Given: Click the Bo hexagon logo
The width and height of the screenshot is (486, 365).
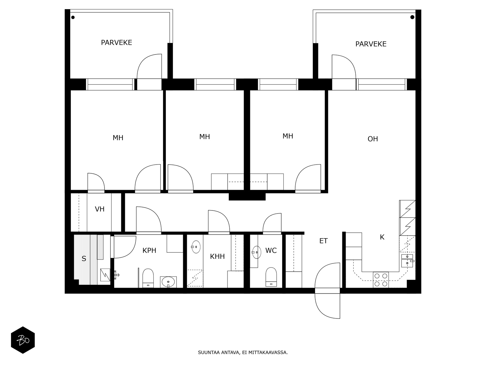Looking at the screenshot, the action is coord(23,340).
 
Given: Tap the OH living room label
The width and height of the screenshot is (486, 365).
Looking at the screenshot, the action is coord(373,139).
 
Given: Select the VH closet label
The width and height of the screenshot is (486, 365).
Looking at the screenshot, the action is coord(100,209).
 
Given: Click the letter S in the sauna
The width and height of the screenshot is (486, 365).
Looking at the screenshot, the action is coord(84,259).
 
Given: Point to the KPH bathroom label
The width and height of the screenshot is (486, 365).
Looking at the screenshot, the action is coord(149,250).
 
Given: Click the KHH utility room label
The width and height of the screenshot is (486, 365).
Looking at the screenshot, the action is coord(217,256).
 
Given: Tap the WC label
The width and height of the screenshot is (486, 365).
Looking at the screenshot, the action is coord(271,250).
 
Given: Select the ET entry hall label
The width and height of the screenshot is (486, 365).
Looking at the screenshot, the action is coord(323,241).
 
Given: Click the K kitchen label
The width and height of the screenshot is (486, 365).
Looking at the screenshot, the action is coord(382,237).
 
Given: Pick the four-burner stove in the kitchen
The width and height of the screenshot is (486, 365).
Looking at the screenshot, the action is coord(381,280).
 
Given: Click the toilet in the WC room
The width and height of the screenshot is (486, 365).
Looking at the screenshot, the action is coord(271,277).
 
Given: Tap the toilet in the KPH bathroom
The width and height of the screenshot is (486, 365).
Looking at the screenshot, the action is coord(148,278).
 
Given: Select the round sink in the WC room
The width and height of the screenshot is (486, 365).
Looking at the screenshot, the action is coord(257,252).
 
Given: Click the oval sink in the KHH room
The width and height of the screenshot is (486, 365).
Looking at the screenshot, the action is coord(196,247).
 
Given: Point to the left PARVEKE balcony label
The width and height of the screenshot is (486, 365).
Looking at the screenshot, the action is coord(116,43).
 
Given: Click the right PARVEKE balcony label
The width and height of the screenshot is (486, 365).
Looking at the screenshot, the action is coord(371,44).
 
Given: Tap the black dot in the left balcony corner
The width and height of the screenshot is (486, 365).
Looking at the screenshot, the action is coord(73,17).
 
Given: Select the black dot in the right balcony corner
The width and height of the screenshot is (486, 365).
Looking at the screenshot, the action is coord(412,17).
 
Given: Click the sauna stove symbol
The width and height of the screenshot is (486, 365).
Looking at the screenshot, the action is coord(105,275).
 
